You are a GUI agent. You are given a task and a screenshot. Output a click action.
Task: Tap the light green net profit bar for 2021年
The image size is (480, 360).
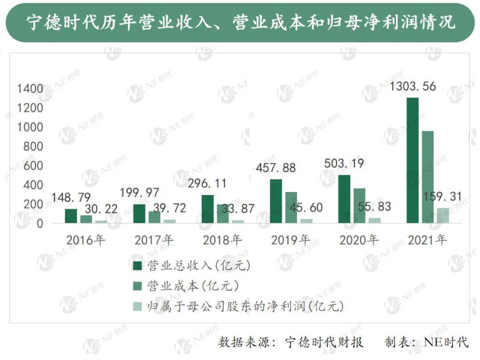pyautogui.click(x=443, y=215)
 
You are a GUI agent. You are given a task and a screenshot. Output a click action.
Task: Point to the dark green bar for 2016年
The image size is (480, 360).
pyautogui.click(x=71, y=216)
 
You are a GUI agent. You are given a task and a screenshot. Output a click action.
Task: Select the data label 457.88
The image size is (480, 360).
pyautogui.click(x=276, y=168)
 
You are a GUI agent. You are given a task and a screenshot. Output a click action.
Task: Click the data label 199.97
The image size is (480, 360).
pyautogui.click(x=140, y=193)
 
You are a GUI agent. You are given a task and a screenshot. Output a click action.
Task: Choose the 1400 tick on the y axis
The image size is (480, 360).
pyautogui.click(x=30, y=89)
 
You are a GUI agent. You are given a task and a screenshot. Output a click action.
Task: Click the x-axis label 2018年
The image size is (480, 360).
pyautogui.click(x=222, y=240)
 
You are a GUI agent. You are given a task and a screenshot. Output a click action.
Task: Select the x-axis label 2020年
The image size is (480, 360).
pyautogui.click(x=359, y=240)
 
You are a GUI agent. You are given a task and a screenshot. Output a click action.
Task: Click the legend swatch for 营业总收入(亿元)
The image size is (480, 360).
pyautogui.click(x=138, y=266)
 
